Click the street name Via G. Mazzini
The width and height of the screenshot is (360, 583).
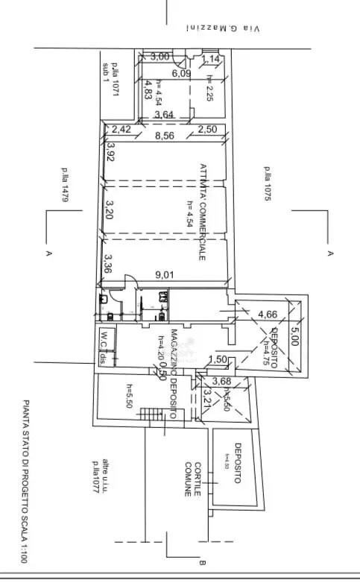[223, 28]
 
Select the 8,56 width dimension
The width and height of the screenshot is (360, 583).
[165, 136]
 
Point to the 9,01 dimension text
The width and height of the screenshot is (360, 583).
[165, 274]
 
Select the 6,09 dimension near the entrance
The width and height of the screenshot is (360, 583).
[181, 73]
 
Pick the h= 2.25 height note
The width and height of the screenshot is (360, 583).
[211, 89]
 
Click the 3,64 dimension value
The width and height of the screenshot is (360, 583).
[165, 114]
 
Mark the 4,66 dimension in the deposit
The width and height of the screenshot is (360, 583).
[268, 314]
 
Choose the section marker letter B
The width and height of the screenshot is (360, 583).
[202, 564]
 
